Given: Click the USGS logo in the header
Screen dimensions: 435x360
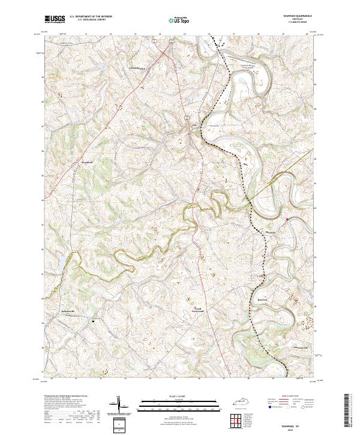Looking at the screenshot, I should pyautogui.click(x=56, y=20).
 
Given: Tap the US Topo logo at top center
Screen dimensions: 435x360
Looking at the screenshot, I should pyautogui.click(x=173, y=20).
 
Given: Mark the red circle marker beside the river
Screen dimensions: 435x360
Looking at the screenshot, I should pyautogui.click(x=287, y=220).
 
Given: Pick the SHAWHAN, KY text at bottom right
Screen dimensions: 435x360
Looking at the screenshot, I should pyautogui.click(x=295, y=422).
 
